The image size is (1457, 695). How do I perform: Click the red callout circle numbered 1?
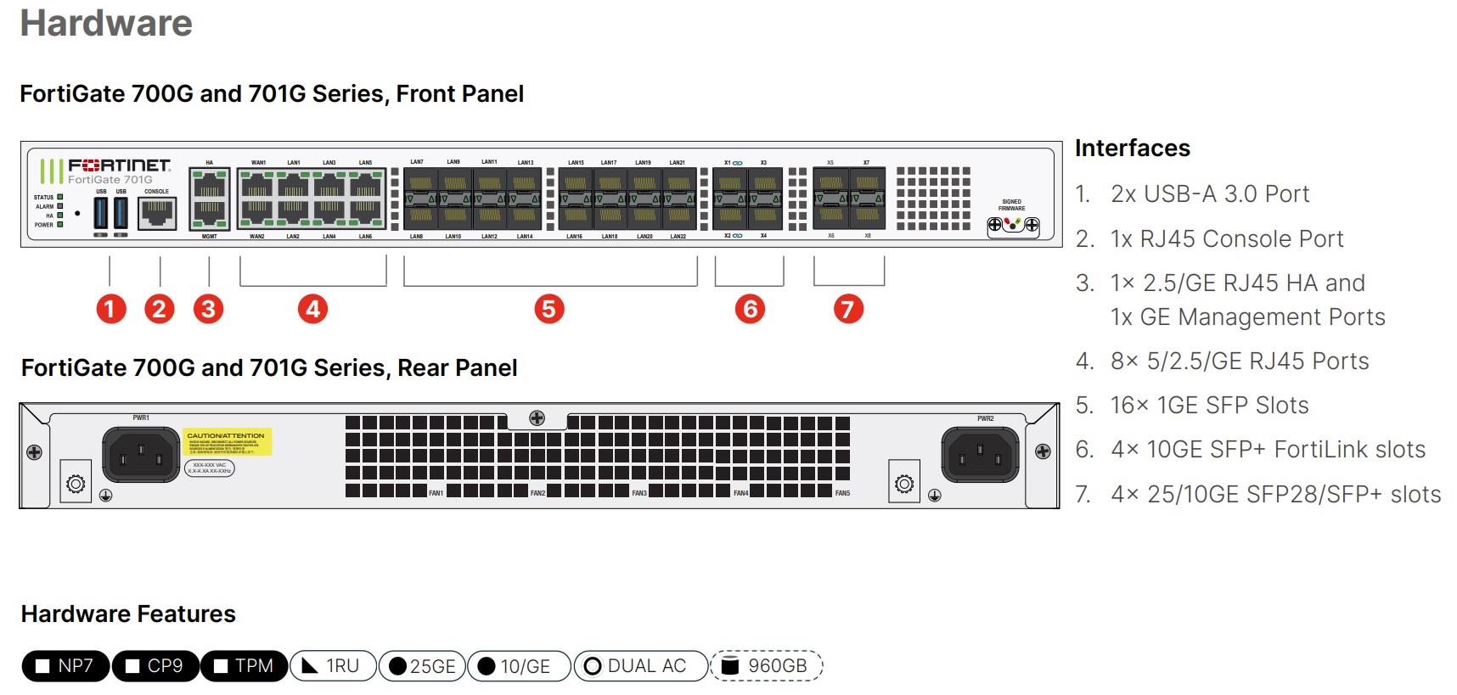pos(110,309)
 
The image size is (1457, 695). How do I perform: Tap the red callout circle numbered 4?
pos(312,309)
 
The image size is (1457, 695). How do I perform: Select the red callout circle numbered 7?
pos(847,309)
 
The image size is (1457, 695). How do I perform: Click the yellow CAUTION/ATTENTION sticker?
pos(226,442)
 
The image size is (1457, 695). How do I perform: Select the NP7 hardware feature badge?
pos(65,666)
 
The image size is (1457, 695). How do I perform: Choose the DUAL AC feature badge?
pos(640,666)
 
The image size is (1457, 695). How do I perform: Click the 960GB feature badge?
pos(766,666)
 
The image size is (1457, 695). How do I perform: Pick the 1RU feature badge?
pos(333,666)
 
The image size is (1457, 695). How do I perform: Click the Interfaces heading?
pos(1132,148)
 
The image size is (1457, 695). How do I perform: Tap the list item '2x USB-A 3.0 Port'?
pos(1209,194)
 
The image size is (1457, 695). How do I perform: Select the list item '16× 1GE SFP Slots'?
pos(1209,406)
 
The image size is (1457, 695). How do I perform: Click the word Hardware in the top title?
pos(106,23)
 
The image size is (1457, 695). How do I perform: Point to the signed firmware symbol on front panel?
pos(1012,225)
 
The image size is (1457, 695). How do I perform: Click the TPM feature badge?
pos(244,666)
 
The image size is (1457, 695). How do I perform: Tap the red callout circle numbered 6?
pos(750,309)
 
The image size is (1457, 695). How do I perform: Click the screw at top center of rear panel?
pos(537,418)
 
